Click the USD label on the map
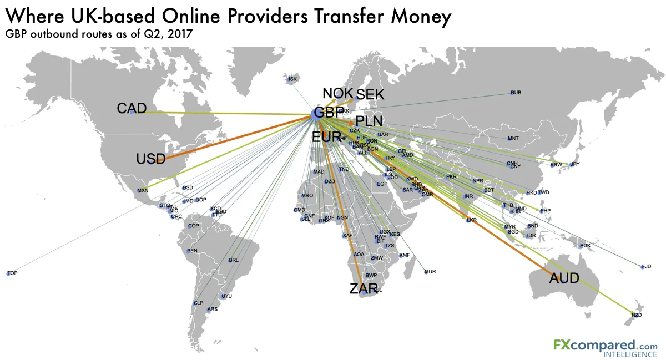click(x=151, y=160)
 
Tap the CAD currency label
click(x=132, y=108)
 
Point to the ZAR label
click(x=364, y=288)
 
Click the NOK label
click(x=337, y=93)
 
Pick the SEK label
click(x=370, y=95)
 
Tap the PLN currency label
click(x=369, y=121)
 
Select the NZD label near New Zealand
click(x=637, y=315)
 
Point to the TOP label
click(x=13, y=273)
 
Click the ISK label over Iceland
click(x=293, y=79)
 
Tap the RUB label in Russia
click(x=516, y=92)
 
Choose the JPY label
click(x=574, y=164)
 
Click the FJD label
click(x=646, y=267)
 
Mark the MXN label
click(x=143, y=191)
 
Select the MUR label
click(x=430, y=272)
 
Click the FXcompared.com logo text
click(x=605, y=345)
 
